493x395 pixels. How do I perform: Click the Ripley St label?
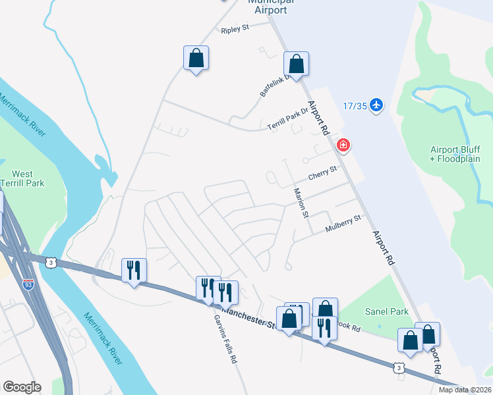[x=235, y=30]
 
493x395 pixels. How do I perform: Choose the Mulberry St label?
[x=344, y=224]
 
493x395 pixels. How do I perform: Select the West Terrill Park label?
[x=23, y=178]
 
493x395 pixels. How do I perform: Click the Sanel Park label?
[x=386, y=311]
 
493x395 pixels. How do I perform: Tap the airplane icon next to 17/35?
[x=376, y=105]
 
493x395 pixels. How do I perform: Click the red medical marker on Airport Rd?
[x=343, y=145]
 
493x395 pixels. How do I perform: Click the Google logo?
[x=21, y=387]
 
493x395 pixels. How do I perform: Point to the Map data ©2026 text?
[x=465, y=390]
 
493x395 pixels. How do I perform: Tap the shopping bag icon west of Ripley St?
[x=196, y=58]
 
